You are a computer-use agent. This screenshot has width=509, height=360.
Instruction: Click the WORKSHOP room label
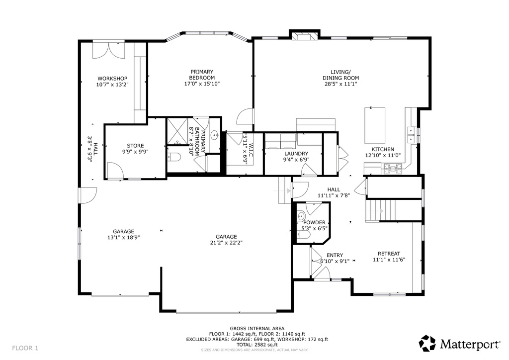click(x=112, y=79)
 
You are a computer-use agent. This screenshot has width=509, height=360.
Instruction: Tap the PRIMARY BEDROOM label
click(x=202, y=75)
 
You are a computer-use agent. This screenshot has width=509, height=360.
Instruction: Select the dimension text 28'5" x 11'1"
click(x=341, y=84)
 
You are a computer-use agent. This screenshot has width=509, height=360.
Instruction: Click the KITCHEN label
click(x=383, y=149)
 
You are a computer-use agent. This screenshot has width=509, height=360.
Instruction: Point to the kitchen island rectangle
click(x=375, y=125)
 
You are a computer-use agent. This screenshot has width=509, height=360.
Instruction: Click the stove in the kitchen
click(x=393, y=168)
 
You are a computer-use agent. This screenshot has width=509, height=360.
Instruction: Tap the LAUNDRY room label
click(x=296, y=154)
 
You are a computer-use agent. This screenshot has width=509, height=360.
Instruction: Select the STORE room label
click(x=135, y=146)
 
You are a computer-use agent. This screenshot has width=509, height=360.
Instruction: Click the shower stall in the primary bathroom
click(x=177, y=131)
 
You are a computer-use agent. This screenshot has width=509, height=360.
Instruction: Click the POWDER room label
click(x=314, y=222)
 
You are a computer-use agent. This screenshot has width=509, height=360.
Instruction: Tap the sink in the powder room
click(x=301, y=216)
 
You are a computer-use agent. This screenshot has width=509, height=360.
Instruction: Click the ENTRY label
click(x=335, y=255)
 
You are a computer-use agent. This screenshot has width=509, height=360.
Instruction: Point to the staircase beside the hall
click(x=380, y=211)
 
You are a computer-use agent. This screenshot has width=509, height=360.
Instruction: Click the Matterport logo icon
click(x=427, y=344)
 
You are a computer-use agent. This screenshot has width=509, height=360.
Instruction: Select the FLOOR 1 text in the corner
click(x=25, y=348)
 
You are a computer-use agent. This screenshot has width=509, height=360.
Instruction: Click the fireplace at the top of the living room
click(x=304, y=36)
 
